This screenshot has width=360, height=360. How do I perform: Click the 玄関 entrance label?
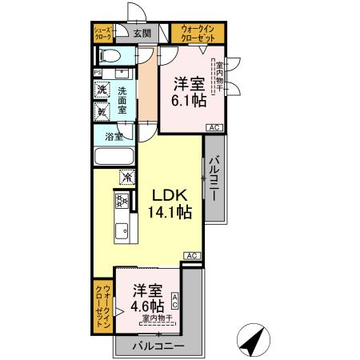[x=141, y=34]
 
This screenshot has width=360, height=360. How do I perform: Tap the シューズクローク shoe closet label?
[x=105, y=33]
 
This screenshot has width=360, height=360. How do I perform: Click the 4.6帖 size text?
[x=149, y=306]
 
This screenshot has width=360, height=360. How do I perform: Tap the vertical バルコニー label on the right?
[x=214, y=177]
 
